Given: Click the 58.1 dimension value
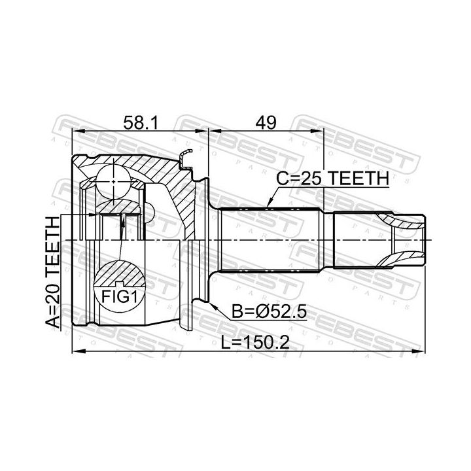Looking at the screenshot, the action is (140, 123).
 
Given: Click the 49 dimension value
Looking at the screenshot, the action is (266, 123).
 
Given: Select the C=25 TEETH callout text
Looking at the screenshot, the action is (332, 179).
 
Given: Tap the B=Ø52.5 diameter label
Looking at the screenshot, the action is (269, 312).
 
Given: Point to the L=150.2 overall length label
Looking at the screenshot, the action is (255, 342).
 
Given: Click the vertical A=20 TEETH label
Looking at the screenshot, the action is (53, 273).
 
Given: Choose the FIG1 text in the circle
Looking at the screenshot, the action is (119, 297).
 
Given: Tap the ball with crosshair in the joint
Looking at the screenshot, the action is (114, 182).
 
